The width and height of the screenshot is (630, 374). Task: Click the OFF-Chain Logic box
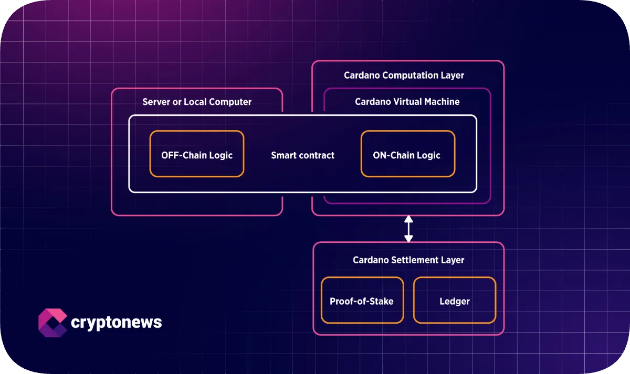(x=197, y=154)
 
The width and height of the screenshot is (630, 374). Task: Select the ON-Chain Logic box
(x=407, y=154)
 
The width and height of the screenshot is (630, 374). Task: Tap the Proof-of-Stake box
(x=362, y=301)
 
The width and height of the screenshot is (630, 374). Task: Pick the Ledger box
(x=454, y=301)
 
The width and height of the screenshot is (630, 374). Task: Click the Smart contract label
(x=302, y=155)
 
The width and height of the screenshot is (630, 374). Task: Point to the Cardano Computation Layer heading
(x=404, y=75)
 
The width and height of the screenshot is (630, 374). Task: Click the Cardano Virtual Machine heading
(x=407, y=102)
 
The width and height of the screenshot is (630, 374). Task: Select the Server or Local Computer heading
(x=197, y=102)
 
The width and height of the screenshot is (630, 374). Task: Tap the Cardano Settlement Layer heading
(x=408, y=260)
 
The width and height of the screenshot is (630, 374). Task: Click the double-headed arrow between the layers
(x=408, y=229)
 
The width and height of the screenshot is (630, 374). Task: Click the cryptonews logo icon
(x=52, y=322)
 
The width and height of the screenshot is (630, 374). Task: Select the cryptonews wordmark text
(x=116, y=322)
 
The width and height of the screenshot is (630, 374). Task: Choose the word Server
(x=156, y=102)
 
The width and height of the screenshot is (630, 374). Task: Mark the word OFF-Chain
(x=182, y=155)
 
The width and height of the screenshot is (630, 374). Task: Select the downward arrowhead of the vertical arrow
(x=408, y=239)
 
